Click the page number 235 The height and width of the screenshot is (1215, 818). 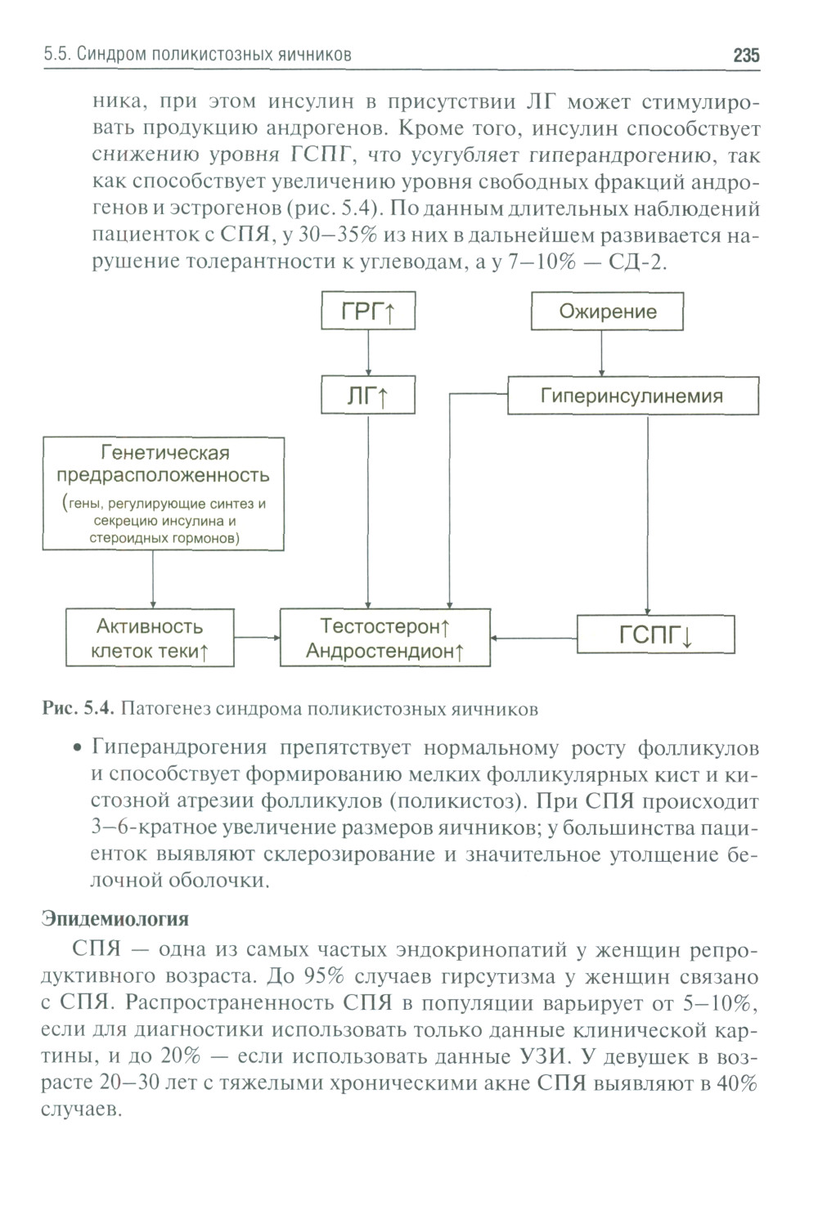pos(746,56)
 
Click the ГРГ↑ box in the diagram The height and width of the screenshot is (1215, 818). pos(368,312)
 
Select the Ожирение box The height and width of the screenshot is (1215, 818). pos(608,312)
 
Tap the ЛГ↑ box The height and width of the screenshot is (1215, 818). pos(368,396)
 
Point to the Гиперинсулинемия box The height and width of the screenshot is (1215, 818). pos(632,396)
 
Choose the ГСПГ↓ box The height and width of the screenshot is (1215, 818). pos(656,634)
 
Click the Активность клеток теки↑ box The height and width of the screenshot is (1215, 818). pos(150,638)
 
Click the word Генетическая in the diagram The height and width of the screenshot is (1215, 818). pos(164,453)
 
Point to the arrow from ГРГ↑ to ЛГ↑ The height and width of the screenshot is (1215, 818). pos(368,352)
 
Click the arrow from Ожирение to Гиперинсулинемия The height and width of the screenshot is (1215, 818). pos(602,353)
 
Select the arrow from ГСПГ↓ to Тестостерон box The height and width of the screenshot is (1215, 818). pos(534,637)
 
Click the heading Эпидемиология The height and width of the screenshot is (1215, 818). pos(115,919)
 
